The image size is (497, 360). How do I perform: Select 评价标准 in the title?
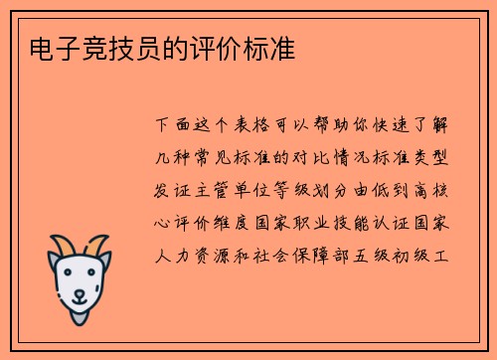pyautogui.click(x=251, y=48)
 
